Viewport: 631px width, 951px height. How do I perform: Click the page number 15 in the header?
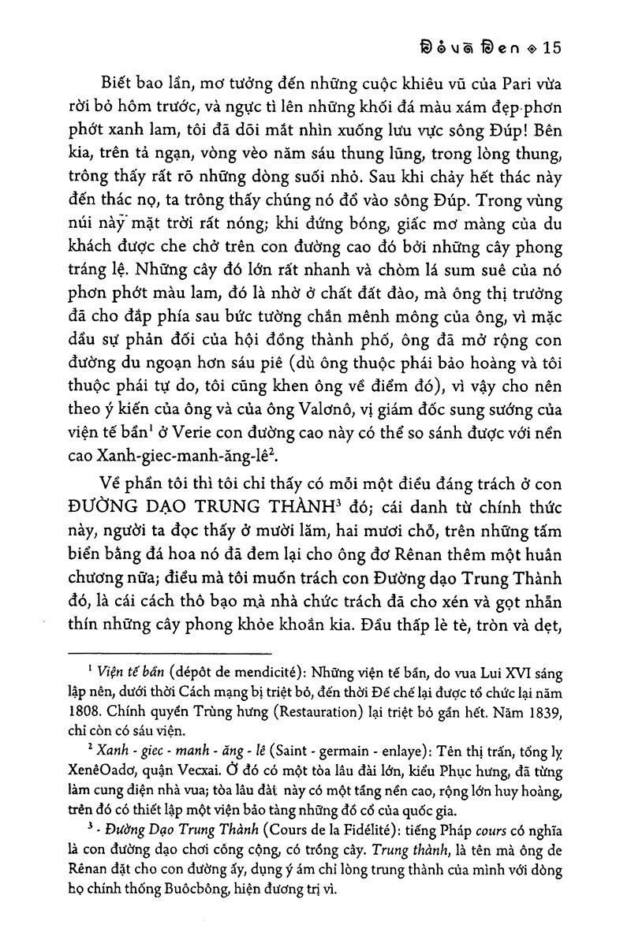click(549, 48)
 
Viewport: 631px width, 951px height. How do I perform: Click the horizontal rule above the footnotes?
click(170, 653)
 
